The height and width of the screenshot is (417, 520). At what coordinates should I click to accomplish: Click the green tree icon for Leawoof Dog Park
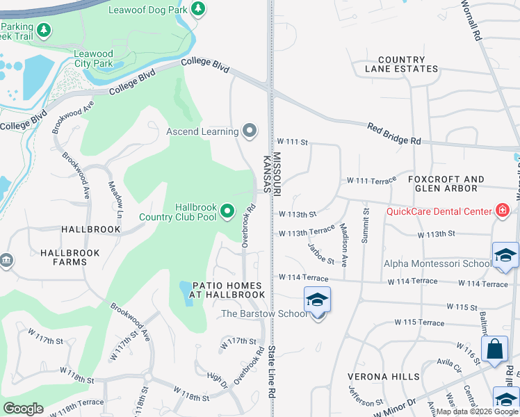199,8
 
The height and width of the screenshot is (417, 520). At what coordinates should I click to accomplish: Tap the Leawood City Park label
93,58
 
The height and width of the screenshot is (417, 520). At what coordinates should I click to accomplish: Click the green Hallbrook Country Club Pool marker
227,211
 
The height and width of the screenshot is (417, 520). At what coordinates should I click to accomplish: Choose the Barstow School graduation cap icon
317,301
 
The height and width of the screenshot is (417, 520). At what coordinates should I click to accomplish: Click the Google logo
24,409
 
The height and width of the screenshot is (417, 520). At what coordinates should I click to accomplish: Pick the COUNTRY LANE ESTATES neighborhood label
402,65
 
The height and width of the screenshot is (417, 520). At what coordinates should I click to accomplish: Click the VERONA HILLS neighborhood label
375,376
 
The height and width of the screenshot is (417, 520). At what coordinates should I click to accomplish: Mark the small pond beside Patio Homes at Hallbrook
186,293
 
